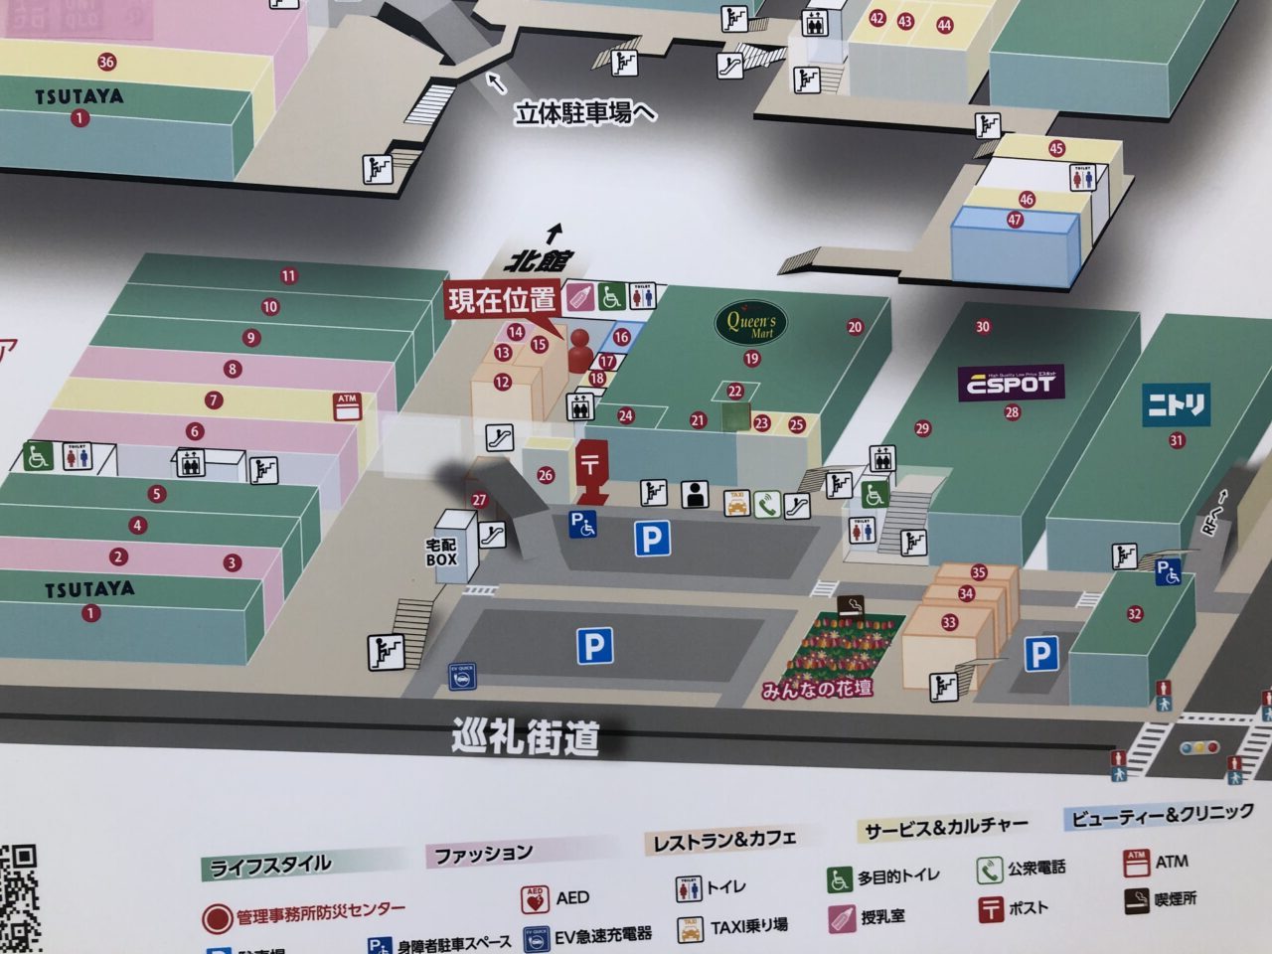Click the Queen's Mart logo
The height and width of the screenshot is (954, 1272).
[751, 322]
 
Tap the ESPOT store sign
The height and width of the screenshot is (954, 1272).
[1012, 383]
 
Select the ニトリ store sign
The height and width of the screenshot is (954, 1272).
[1177, 404]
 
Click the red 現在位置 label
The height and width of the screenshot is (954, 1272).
[502, 300]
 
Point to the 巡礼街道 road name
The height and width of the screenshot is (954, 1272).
[526, 737]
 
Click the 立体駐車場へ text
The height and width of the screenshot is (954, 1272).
[585, 112]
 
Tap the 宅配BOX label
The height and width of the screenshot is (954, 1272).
[441, 553]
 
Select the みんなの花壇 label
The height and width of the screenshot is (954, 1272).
[818, 688]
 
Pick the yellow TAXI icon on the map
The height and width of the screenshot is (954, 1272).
[736, 504]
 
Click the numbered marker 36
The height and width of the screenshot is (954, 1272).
[106, 62]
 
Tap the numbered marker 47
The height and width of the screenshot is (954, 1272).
[1015, 220]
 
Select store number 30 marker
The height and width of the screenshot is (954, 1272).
[983, 327]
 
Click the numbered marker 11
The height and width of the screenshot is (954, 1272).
[288, 276]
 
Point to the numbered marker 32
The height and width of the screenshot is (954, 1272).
[1135, 614]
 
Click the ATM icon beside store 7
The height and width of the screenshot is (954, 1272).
[347, 405]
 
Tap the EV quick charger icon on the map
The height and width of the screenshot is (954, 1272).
[460, 676]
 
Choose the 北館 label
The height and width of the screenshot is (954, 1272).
[538, 261]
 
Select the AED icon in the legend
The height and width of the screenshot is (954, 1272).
[535, 899]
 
